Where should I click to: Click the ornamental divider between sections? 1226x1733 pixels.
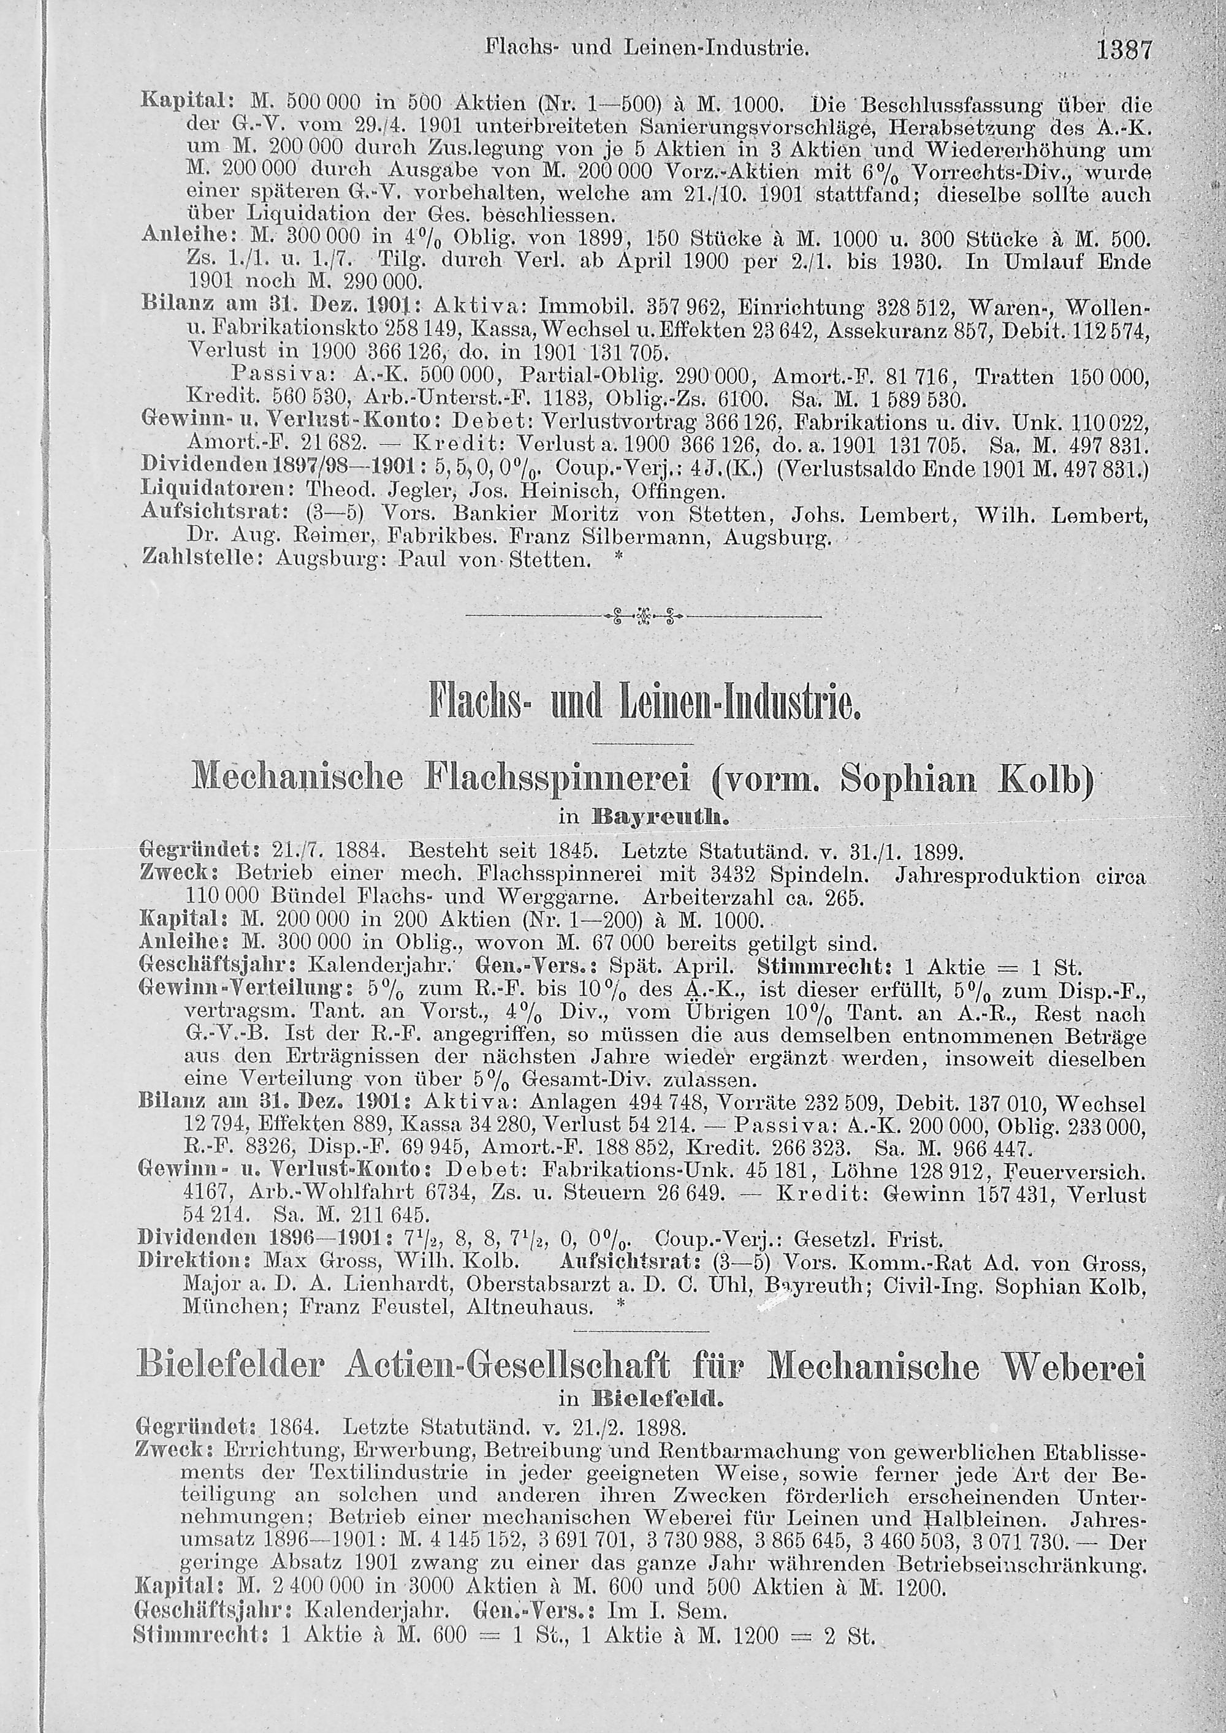click(x=643, y=618)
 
